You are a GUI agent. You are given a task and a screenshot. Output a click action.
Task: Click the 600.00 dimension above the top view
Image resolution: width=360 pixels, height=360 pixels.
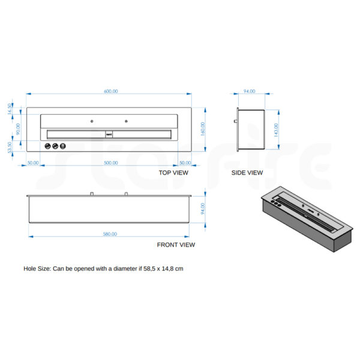pyautogui.click(x=110, y=91)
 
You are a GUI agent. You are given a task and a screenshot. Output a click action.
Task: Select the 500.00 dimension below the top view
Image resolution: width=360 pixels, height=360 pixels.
pyautogui.click(x=110, y=163)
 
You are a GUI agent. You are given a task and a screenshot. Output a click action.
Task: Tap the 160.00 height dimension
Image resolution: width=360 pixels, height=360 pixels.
pyautogui.click(x=203, y=129)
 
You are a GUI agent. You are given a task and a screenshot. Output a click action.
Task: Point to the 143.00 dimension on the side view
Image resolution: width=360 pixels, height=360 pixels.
pyautogui.click(x=276, y=130)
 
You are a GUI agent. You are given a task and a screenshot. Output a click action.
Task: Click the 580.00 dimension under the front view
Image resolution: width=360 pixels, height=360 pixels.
pyautogui.click(x=110, y=234)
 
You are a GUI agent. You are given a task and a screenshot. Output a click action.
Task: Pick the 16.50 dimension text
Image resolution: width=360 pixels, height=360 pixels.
pyautogui.click(x=10, y=109)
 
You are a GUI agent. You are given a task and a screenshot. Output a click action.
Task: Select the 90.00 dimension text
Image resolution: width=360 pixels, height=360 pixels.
pyautogui.click(x=18, y=129)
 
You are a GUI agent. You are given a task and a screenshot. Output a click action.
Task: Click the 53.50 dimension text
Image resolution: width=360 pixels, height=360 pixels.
pyautogui.click(x=10, y=148)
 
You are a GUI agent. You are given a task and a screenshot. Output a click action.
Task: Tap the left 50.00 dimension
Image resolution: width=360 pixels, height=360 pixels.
pyautogui.click(x=33, y=163)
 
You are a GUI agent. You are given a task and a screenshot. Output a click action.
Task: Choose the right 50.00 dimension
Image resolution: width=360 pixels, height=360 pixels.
pyautogui.click(x=185, y=163)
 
